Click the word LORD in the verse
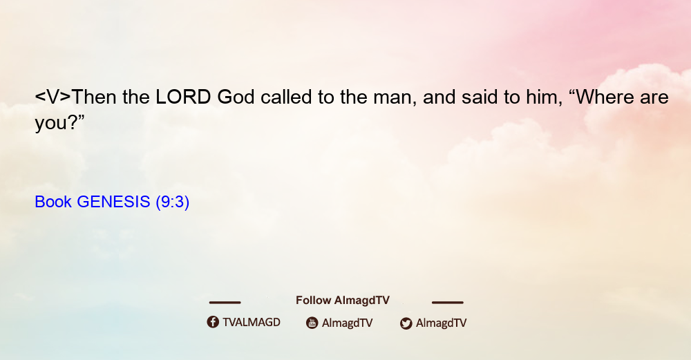[x=183, y=97]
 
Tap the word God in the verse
[x=236, y=97]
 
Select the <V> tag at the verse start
[x=53, y=97]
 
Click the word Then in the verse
[x=94, y=97]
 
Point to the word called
[x=286, y=97]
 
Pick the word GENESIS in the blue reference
[x=113, y=202]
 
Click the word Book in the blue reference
[x=53, y=202]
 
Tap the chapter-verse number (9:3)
[x=172, y=202]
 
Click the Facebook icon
[x=213, y=322]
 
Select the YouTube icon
[x=312, y=323]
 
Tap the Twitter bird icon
[x=406, y=323]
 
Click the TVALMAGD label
[x=252, y=322]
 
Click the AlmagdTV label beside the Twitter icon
[x=441, y=323]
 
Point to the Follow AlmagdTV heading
[x=343, y=301]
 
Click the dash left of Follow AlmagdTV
[x=225, y=303]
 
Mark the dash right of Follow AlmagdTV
[x=448, y=303]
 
